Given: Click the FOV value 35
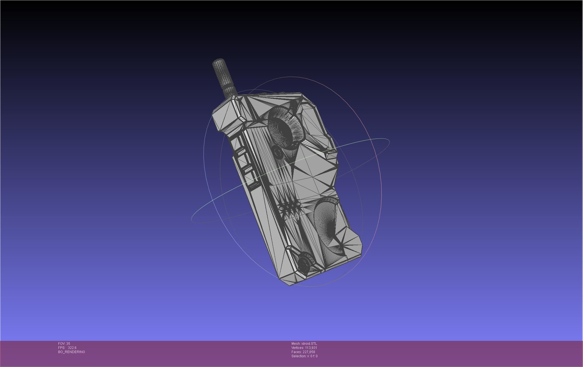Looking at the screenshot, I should point(68,344).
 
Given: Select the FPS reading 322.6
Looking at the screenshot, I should point(72,348).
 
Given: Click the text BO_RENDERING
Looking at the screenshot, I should point(71,352).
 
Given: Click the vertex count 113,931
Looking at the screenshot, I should point(311,348).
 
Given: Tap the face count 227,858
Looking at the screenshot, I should point(309,352).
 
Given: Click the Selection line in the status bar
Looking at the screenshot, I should point(304,356).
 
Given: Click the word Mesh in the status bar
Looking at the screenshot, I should point(296,344).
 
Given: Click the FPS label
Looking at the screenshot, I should point(61,348).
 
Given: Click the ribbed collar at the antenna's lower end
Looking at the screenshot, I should point(230,90).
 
